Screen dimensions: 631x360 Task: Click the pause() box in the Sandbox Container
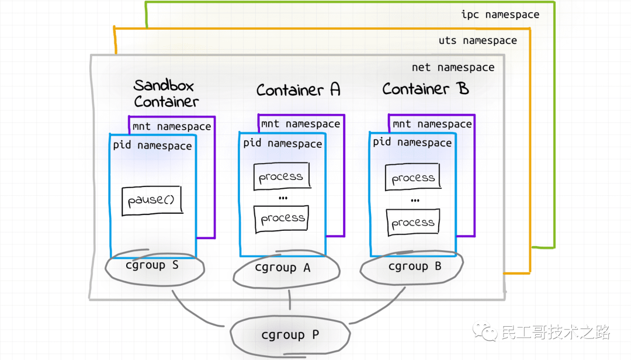(152, 200)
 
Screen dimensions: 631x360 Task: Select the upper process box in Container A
(282, 176)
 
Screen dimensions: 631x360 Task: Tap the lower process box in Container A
(282, 219)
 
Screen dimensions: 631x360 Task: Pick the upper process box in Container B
(413, 176)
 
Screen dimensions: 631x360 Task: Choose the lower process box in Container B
(413, 222)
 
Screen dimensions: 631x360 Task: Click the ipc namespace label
(500, 15)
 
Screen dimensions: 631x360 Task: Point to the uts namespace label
(478, 41)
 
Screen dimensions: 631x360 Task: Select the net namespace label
(453, 68)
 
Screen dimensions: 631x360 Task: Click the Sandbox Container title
(166, 94)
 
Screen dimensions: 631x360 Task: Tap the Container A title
(298, 89)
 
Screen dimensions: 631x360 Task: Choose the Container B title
(425, 89)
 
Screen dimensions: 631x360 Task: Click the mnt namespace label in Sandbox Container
(172, 127)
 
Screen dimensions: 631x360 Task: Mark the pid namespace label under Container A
(283, 143)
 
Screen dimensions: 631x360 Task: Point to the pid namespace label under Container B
(412, 143)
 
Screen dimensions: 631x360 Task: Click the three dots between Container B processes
(415, 200)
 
